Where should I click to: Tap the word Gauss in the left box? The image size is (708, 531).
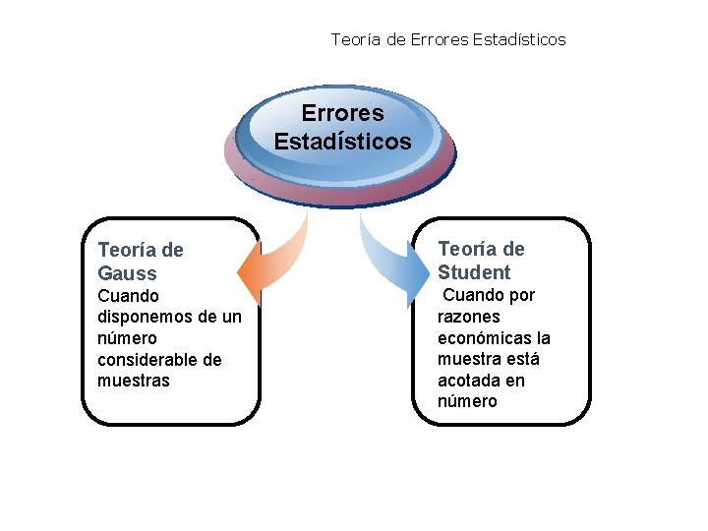coord(127,273)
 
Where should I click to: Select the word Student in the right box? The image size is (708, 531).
coord(474,272)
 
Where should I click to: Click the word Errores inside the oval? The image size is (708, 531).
coord(342,114)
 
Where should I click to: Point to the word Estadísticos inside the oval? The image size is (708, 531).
coord(342,142)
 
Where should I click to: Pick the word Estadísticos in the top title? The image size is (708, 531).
coord(519,39)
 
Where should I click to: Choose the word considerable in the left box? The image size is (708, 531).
coord(147,360)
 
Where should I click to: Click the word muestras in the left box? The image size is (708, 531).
coord(134,381)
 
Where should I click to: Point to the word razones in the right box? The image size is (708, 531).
coord(468,317)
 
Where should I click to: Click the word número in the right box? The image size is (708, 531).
coord(467,402)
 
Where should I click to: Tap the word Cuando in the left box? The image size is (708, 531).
coord(128,296)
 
